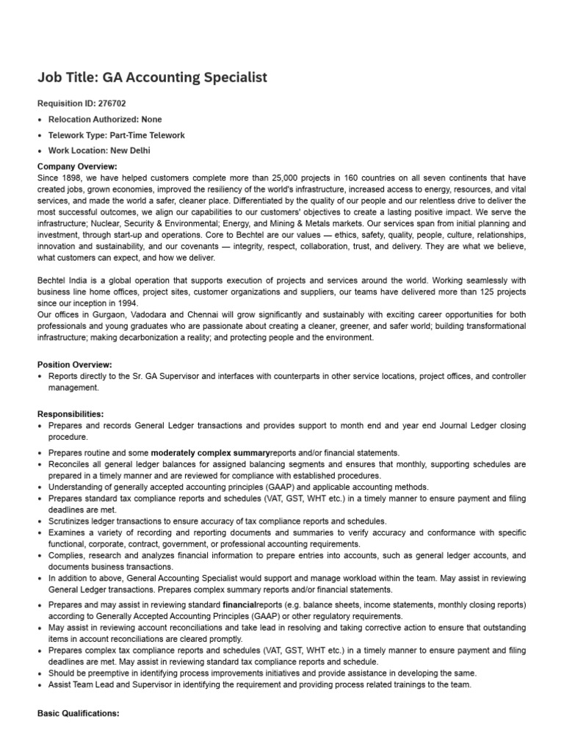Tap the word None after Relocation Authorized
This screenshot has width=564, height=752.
click(153, 119)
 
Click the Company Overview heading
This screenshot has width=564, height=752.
click(76, 167)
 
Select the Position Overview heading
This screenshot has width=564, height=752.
click(74, 364)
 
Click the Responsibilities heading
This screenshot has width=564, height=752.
click(70, 414)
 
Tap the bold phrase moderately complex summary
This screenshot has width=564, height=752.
click(210, 453)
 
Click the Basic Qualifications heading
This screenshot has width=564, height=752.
click(78, 714)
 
